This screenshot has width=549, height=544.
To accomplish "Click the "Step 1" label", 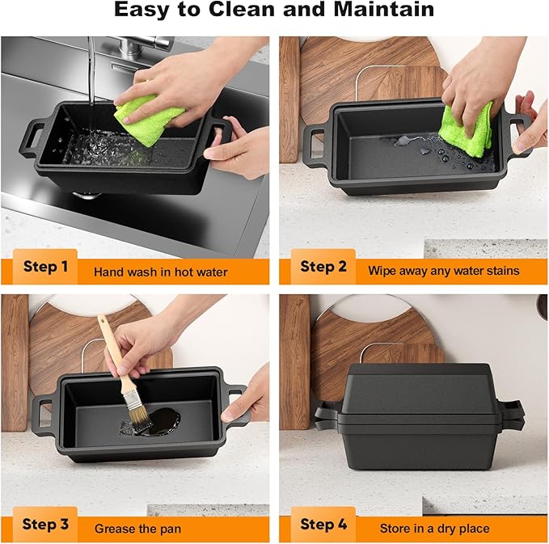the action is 45,267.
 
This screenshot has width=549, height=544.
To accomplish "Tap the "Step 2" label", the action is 323,267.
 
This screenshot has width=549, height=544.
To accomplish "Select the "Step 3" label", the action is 45,524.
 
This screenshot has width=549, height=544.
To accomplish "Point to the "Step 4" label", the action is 323,524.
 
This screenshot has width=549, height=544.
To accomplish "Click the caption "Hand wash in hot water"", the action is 161,272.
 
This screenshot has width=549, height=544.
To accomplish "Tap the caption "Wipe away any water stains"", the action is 444,271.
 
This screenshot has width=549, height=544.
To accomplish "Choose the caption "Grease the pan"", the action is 137,529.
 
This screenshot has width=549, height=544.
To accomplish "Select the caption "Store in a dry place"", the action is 434,529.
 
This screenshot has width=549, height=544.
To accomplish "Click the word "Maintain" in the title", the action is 384,9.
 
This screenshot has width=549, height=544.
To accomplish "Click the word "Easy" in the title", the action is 142,10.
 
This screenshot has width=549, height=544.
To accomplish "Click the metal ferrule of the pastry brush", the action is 132,399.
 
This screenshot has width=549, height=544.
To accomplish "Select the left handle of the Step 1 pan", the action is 32,138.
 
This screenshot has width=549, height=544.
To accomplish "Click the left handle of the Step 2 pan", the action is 316,145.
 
